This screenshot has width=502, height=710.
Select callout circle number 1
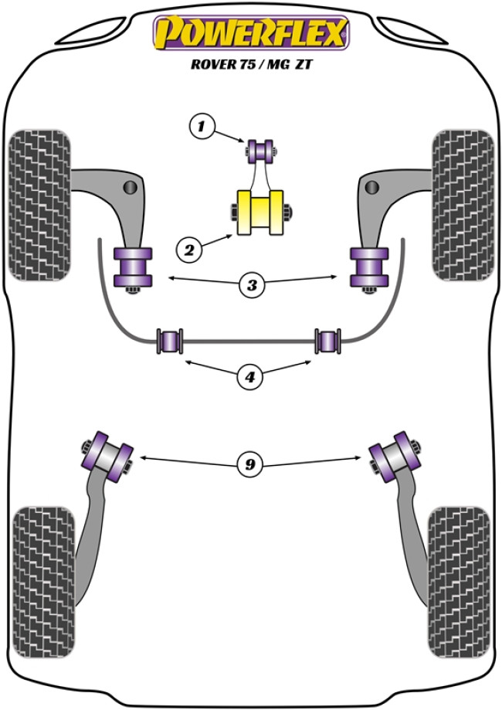point(201,124)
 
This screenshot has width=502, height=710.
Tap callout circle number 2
point(188,249)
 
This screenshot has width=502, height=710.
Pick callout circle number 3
point(251,285)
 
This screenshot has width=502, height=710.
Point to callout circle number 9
point(249,464)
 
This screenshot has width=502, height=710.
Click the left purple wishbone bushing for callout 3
point(132,267)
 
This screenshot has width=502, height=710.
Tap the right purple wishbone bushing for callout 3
point(368,267)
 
